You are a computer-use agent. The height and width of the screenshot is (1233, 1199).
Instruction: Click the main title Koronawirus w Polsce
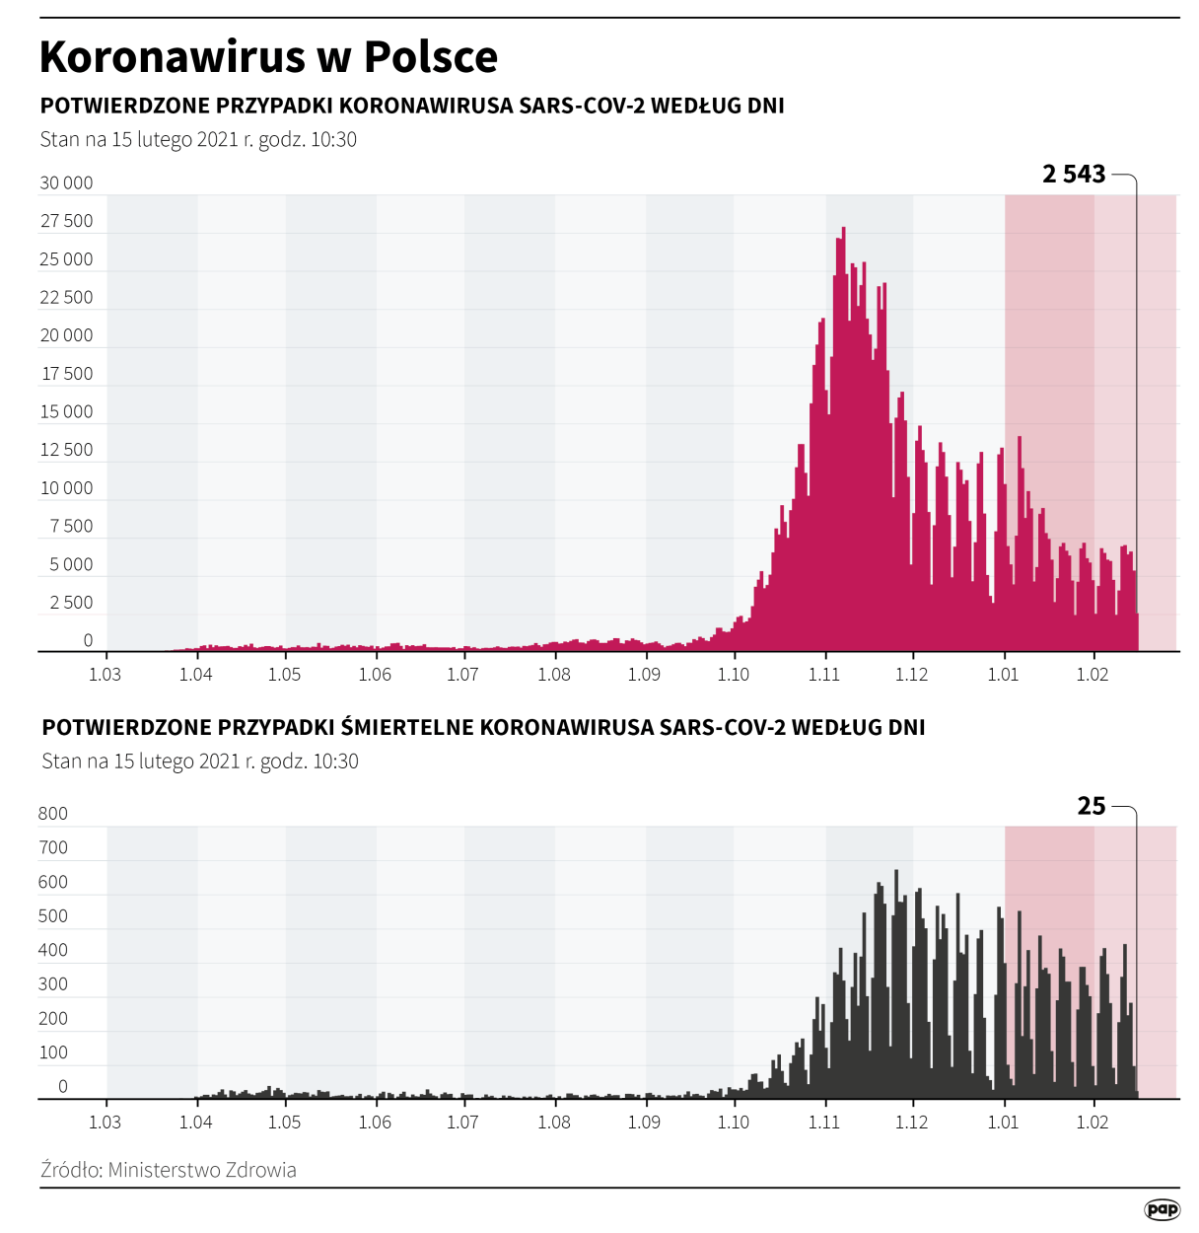268,56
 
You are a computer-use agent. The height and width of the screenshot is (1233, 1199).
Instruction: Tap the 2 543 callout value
1074,175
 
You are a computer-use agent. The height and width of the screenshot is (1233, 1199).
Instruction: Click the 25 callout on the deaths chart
1092,806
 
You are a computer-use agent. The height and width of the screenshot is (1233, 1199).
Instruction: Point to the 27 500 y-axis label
66,221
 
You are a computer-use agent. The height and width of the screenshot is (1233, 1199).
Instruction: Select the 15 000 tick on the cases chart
66,411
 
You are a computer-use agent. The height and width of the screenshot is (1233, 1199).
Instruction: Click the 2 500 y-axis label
71,603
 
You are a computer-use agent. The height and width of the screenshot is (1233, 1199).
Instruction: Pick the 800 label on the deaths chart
53,814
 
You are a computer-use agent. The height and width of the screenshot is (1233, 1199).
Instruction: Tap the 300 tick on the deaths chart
53,984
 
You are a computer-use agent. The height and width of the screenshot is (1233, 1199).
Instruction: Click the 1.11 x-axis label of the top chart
824,675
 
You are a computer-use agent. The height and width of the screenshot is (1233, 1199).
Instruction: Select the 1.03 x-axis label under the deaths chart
106,1123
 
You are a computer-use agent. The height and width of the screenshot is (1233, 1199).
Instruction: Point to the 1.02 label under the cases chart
1093,675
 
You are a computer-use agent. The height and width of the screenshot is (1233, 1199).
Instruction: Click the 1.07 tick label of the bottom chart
462,1123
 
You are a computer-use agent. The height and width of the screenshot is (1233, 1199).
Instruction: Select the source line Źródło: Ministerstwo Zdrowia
169,1170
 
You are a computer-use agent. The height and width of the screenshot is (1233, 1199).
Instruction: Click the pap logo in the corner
1163,1209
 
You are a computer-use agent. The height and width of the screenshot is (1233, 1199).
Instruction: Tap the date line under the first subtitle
198,139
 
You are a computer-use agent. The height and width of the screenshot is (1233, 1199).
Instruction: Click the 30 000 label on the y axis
66,182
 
